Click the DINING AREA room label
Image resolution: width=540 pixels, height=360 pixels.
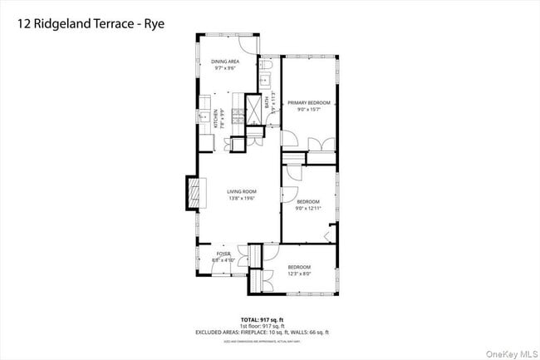click(226, 62)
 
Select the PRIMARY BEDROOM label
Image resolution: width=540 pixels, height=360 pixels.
click(309, 102)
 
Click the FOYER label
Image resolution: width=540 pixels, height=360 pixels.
click(223, 254)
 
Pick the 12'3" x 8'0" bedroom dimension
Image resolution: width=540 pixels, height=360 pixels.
click(299, 273)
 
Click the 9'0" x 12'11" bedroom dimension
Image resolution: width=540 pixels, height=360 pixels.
click(309, 208)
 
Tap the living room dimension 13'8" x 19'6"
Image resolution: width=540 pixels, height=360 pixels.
click(243, 199)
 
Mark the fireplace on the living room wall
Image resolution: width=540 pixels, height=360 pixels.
click(193, 195)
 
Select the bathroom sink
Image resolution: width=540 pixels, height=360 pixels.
click(265, 81)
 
